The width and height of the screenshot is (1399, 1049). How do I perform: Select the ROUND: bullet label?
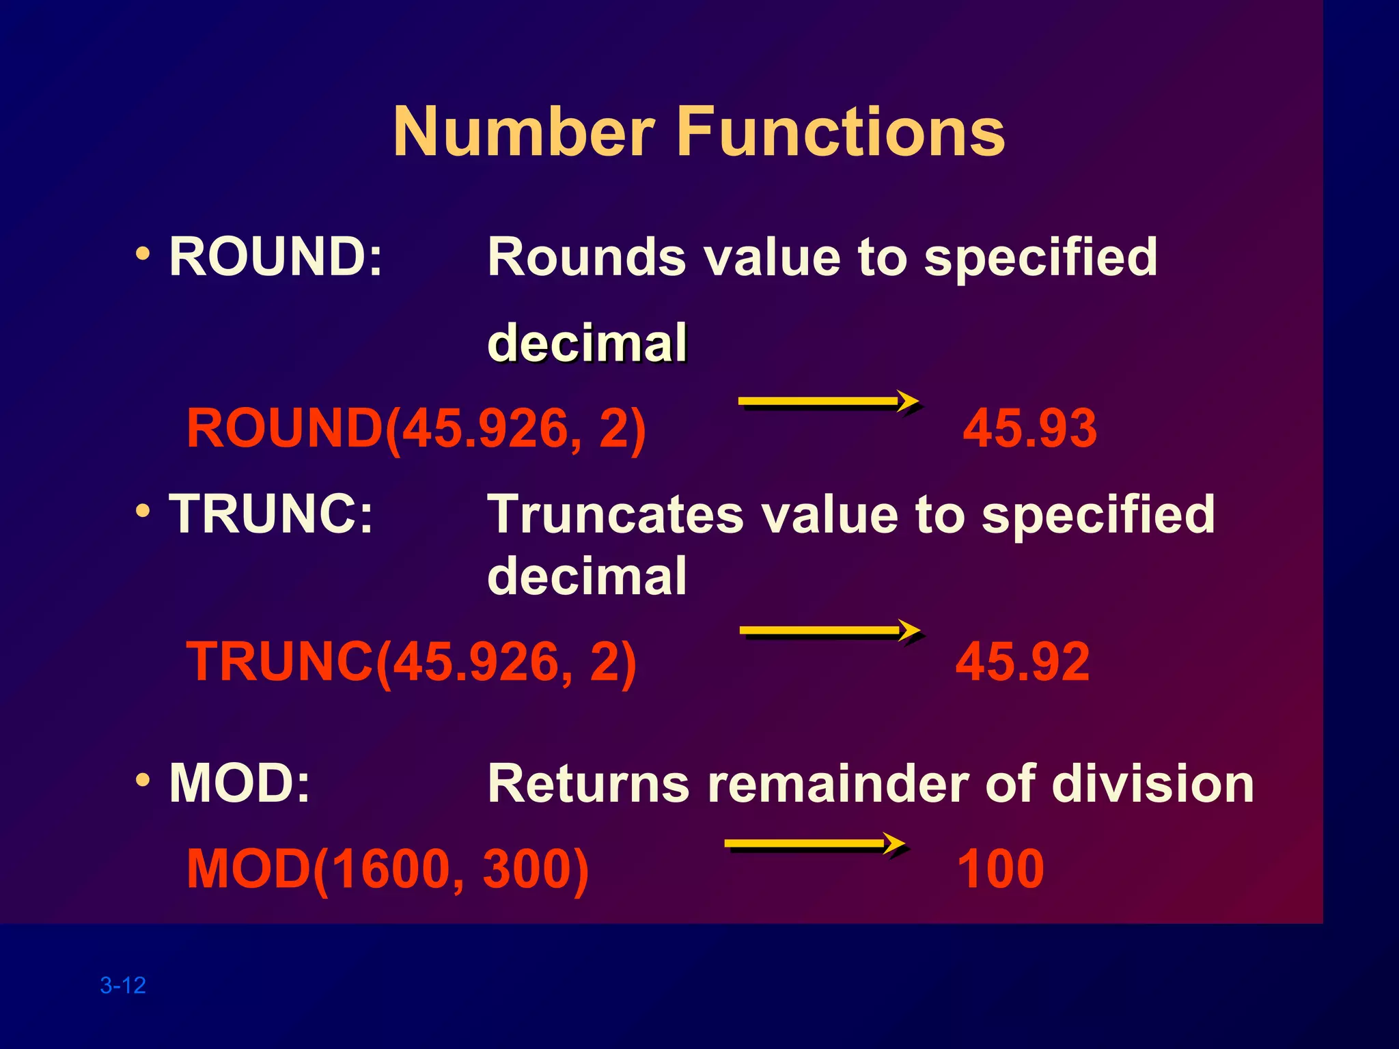coord(275,257)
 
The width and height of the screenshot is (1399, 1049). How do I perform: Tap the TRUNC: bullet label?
coord(271,514)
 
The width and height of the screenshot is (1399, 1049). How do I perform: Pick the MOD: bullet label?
coord(239,783)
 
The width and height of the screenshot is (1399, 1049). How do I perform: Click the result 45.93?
coord(1029,428)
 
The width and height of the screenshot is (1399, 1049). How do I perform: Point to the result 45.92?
coord(1023,662)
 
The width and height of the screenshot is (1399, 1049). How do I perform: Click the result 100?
coord(1001,869)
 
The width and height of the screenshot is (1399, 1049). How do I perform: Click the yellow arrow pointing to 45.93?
coord(829,402)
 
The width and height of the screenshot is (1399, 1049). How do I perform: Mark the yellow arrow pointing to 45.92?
coord(830,631)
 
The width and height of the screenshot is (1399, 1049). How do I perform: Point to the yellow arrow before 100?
coord(815,844)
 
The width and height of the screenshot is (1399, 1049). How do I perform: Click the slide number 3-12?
coord(123,985)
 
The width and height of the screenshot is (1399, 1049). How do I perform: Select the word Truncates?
coord(615,514)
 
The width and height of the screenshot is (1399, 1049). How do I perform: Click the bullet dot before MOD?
coord(143,779)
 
